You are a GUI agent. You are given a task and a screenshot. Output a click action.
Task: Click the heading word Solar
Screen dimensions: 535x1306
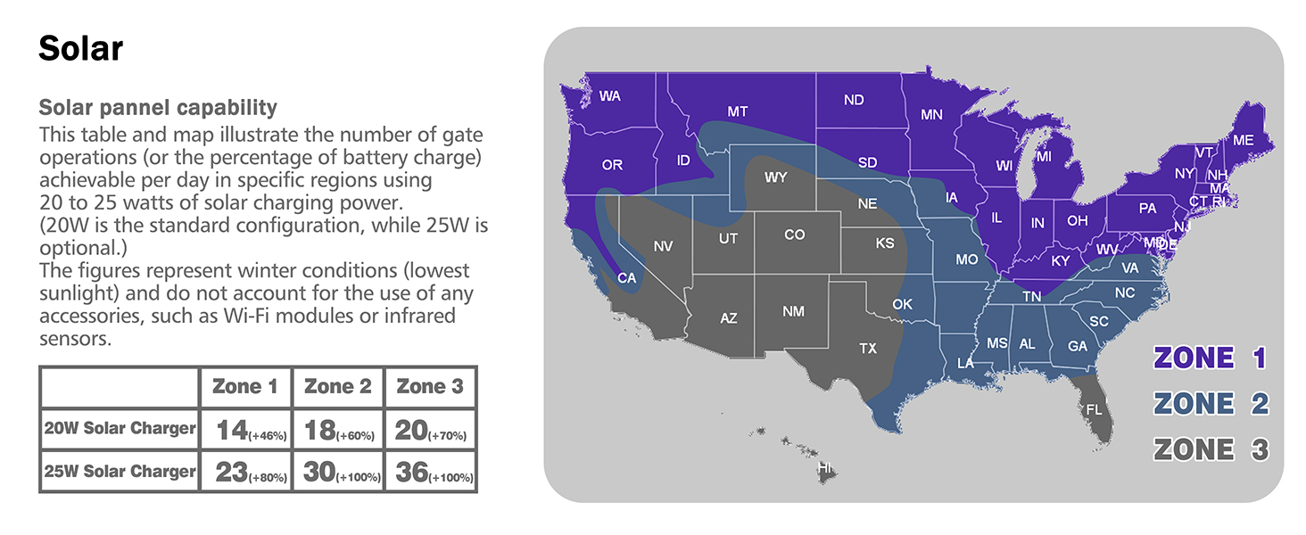[80, 48]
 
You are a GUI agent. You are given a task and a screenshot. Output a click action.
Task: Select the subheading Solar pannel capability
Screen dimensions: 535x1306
[158, 108]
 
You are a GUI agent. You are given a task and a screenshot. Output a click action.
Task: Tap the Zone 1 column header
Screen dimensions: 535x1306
[245, 386]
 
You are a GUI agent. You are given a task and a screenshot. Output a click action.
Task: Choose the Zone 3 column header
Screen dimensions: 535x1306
[430, 386]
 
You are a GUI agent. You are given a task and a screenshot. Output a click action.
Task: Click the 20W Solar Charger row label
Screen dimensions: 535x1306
[120, 429]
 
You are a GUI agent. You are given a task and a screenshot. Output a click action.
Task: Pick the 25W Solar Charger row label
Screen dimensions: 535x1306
[120, 471]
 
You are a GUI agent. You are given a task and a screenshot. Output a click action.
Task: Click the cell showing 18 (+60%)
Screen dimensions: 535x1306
[338, 431]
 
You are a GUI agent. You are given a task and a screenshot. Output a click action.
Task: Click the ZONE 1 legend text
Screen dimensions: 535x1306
[1210, 358]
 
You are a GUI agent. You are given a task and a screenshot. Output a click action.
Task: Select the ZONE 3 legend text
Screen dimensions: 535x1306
[1210, 449]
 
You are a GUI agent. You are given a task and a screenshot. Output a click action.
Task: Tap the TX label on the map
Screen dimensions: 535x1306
[868, 349]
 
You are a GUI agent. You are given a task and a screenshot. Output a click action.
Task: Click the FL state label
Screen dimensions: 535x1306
[1094, 409]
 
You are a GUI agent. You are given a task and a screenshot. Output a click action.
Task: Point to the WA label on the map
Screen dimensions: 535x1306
[610, 96]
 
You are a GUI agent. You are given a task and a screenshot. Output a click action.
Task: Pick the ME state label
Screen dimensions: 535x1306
[1243, 140]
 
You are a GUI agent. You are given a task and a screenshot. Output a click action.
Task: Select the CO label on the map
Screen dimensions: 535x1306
[794, 235]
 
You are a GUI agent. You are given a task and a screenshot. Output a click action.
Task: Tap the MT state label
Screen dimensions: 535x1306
[737, 112]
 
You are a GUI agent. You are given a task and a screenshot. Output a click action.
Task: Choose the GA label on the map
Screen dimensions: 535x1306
[1078, 346]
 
